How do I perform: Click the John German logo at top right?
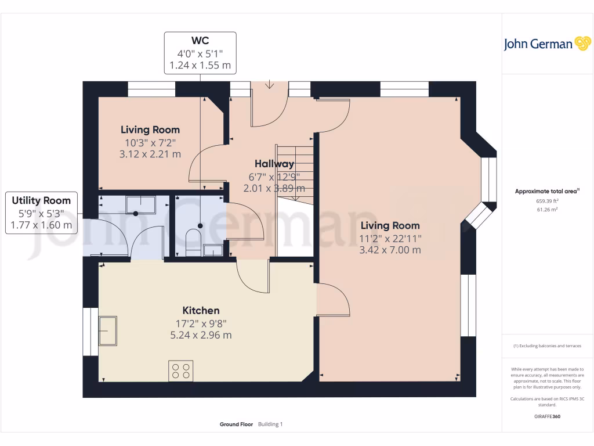(547, 44)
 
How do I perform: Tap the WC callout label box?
(200, 53)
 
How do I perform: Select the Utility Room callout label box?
(41, 213)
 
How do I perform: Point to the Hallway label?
(274, 164)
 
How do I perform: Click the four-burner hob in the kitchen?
(181, 371)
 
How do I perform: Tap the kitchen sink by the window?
(107, 331)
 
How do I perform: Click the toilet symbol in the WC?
(194, 243)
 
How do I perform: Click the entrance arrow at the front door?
(269, 84)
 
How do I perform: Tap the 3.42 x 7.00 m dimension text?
(390, 250)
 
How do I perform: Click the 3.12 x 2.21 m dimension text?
(150, 154)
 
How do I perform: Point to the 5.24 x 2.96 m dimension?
(201, 335)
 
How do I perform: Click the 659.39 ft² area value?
(547, 201)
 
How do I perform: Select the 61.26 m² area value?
(547, 209)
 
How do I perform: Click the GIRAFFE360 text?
(547, 416)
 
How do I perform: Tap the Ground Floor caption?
(236, 425)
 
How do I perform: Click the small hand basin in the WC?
(213, 251)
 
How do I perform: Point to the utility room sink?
(140, 205)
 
